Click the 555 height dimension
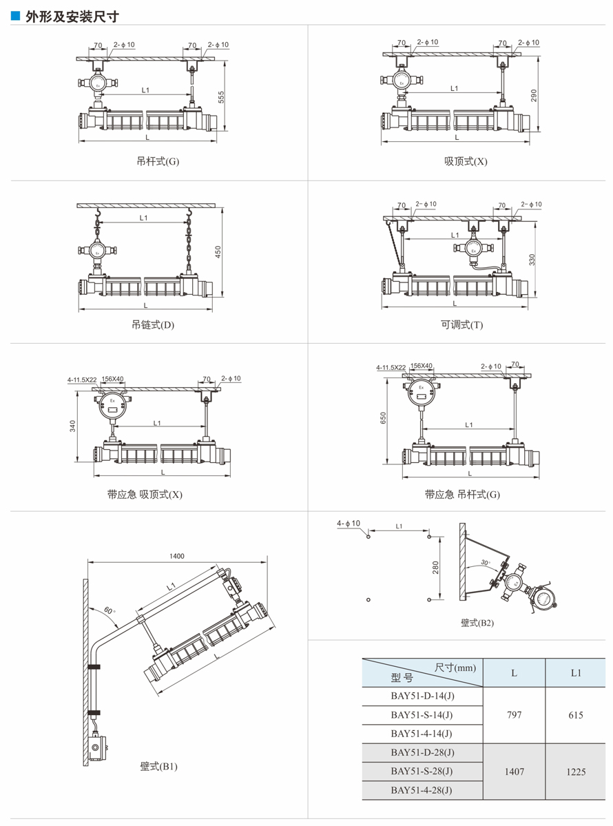[222, 97]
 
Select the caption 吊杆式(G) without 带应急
[158, 163]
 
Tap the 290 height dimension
[533, 95]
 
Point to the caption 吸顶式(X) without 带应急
[466, 162]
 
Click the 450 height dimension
[219, 251]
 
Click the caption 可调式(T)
[462, 324]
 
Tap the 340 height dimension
[72, 426]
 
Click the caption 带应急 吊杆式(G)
[462, 494]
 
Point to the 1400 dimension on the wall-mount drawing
[176, 556]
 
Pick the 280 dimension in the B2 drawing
[435, 567]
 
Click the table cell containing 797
[514, 715]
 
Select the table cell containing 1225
[576, 772]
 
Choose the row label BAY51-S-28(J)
[422, 771]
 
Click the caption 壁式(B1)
[159, 766]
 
